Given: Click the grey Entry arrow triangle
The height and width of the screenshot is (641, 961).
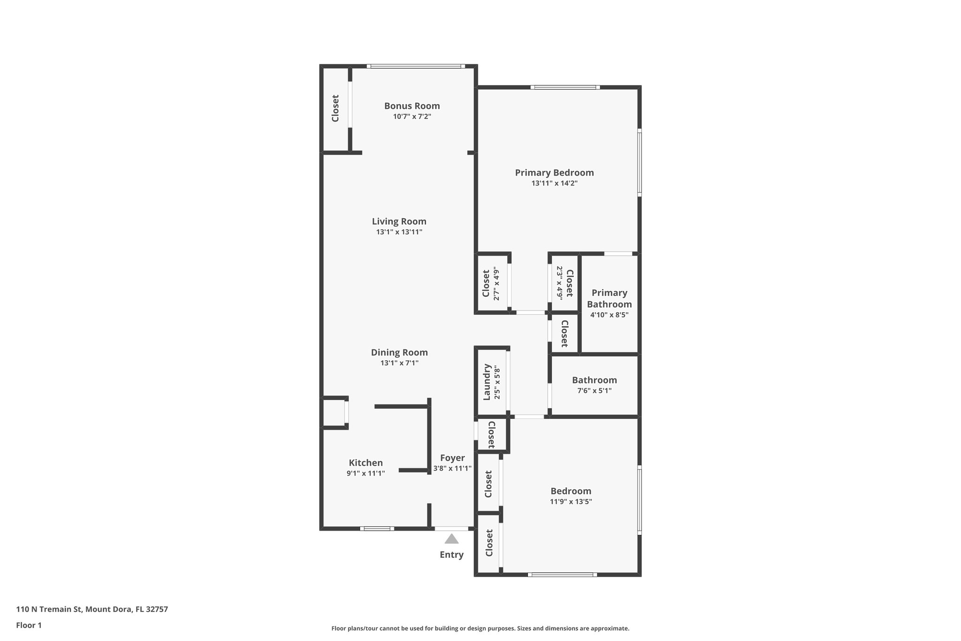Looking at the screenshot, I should point(451,539).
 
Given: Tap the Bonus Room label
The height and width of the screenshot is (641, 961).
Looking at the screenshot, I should point(412,106).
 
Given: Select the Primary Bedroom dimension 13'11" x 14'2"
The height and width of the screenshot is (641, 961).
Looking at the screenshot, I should point(554,184).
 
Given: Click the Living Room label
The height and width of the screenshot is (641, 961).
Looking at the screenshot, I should point(399,221).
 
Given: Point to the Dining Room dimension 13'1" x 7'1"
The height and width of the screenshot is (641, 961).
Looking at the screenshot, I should point(399,363).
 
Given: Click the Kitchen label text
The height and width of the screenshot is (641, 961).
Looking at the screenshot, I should point(366,463).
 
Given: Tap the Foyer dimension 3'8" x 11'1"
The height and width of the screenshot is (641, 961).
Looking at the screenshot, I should point(452,469).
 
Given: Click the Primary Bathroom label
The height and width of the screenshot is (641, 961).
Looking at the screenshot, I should point(609,298).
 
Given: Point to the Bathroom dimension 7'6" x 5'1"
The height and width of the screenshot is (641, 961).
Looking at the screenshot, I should point(594,391).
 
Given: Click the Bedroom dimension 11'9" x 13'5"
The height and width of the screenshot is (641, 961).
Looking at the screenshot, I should point(571,502).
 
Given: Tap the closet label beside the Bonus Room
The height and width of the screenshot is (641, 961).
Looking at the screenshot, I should point(336,108).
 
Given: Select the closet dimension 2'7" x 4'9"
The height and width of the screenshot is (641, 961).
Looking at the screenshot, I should point(496,284).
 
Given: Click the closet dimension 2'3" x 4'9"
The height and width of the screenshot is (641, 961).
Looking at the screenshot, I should point(559,283).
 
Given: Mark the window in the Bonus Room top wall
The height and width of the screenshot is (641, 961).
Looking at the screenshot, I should point(415,66).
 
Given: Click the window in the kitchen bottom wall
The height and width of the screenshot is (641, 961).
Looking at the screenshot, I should point(377,529).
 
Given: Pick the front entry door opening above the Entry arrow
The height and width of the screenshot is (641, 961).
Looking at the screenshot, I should point(451,529).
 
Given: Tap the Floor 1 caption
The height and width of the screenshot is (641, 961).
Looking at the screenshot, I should point(29,626).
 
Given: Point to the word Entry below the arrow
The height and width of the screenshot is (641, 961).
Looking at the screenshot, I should point(451,555).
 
